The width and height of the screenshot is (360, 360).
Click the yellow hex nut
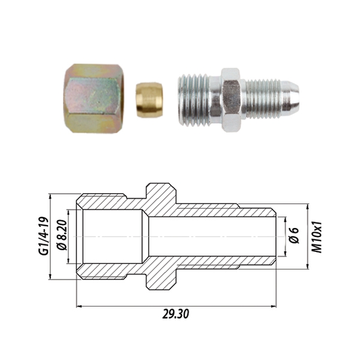click(x=94, y=98)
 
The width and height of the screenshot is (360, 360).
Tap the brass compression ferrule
click(x=149, y=100)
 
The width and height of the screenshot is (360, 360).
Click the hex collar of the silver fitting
click(x=231, y=100)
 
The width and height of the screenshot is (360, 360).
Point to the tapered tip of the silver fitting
click(x=291, y=95)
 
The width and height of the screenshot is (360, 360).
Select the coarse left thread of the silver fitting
click(x=193, y=100)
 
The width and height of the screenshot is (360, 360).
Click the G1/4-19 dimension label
click(x=44, y=236)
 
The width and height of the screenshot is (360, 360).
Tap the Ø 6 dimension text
click(x=293, y=235)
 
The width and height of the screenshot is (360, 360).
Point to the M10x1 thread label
click(x=317, y=237)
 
